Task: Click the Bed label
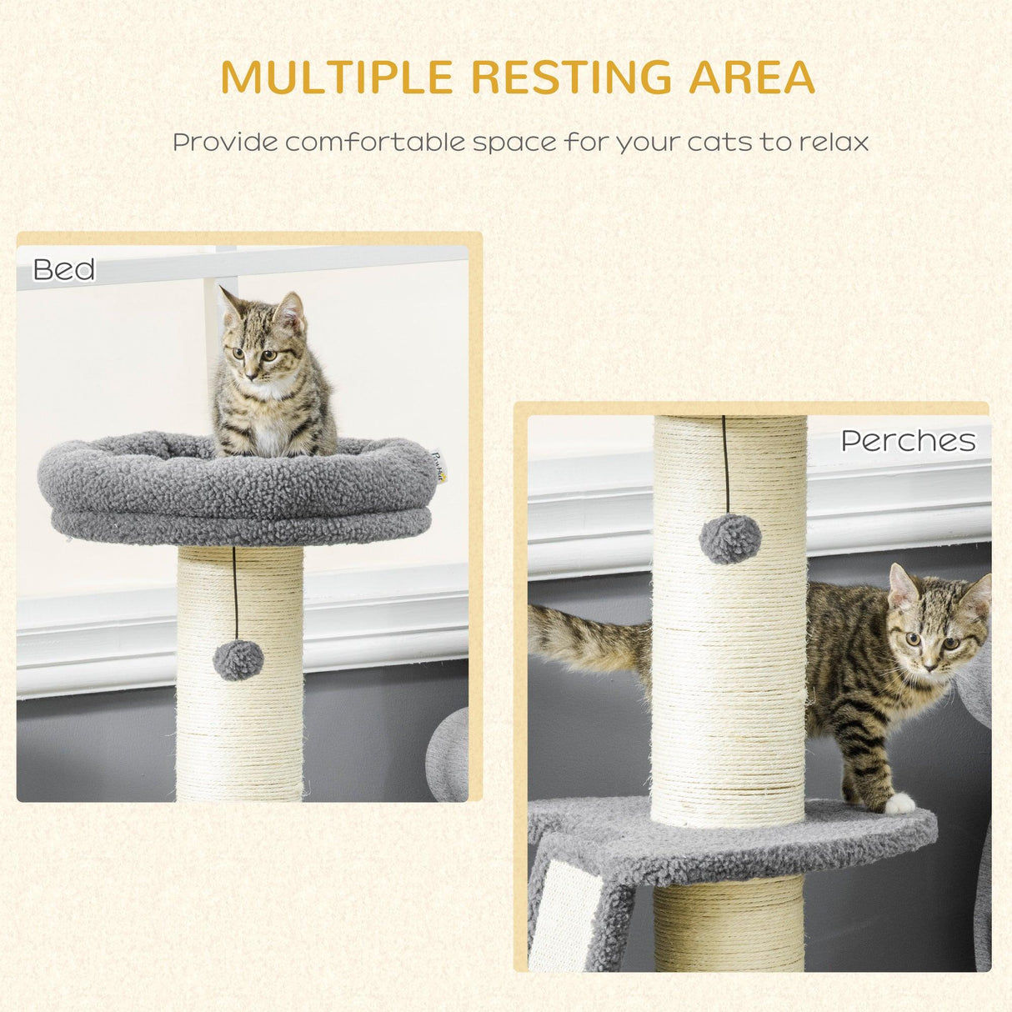coord(63,269)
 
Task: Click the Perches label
coord(908,440)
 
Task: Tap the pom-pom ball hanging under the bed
coord(238,660)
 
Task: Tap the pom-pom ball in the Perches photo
coord(730,539)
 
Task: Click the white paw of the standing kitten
coord(899,804)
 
